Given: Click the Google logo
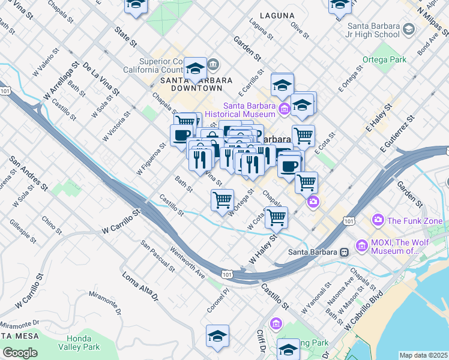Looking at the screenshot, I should [20, 353].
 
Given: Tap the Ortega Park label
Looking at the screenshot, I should [384, 60].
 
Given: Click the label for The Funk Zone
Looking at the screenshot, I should [415, 221].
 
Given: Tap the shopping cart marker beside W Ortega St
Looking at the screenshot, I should [222, 199].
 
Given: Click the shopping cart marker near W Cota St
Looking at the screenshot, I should [276, 217].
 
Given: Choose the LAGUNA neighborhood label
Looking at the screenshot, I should [277, 16].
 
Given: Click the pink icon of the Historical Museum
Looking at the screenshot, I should [284, 109].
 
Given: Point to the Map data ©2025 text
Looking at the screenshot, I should [424, 355].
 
